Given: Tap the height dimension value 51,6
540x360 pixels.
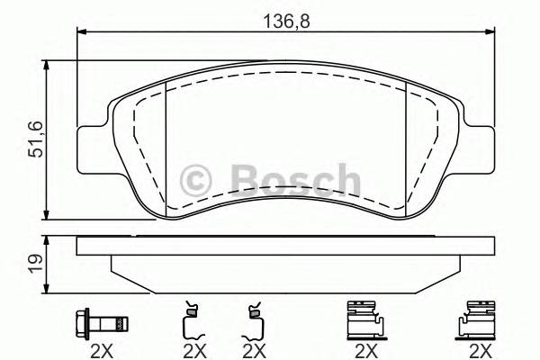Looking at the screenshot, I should [x=35, y=141].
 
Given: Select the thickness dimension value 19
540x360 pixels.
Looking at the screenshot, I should [x=35, y=263].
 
